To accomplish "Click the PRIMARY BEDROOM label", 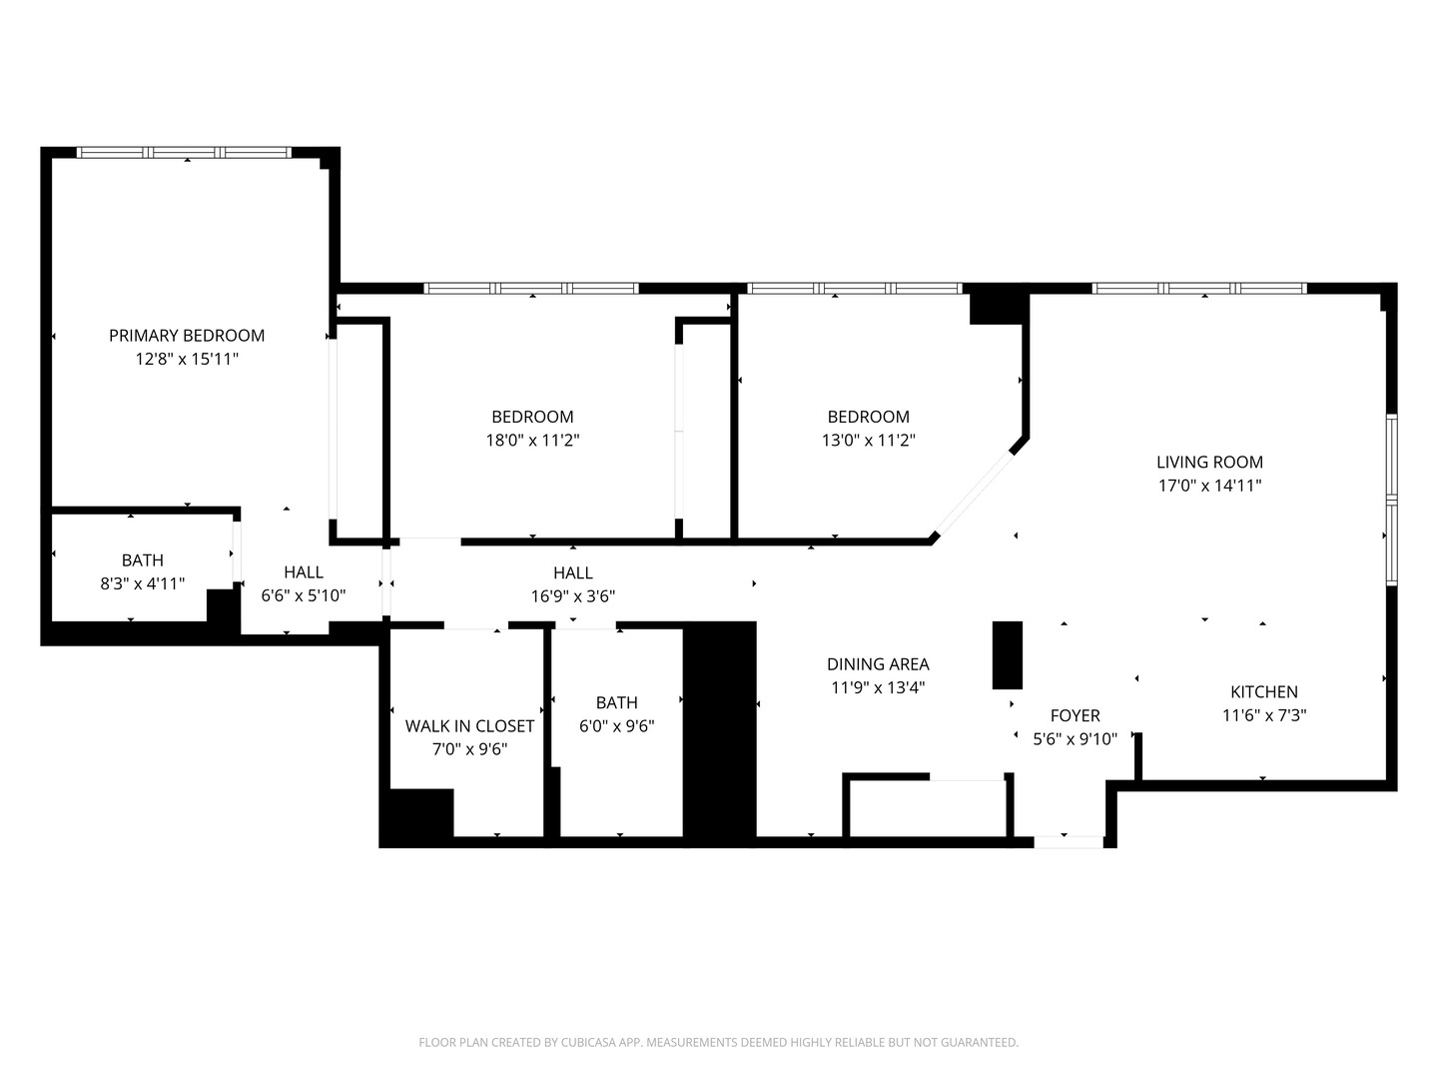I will [187, 336].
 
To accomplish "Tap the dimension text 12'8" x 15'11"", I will [187, 359].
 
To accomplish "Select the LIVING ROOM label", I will [1209, 462].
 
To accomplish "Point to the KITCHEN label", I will [1263, 691].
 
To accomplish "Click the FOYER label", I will [1075, 715].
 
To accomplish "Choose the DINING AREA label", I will [878, 664].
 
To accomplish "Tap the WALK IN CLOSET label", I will [469, 726].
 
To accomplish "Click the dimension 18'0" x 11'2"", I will [532, 440].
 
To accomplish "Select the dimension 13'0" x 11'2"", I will [868, 440].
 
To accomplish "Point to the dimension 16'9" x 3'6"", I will [572, 596].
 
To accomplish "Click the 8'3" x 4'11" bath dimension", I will [142, 583].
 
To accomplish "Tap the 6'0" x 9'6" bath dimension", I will [616, 726].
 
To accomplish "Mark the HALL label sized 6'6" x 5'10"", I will [303, 572].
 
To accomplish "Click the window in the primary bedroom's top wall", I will [185, 153].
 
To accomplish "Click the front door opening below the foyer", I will [1068, 842].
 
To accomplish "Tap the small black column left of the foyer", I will [1007, 654].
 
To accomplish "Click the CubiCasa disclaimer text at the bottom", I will [718, 1042].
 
